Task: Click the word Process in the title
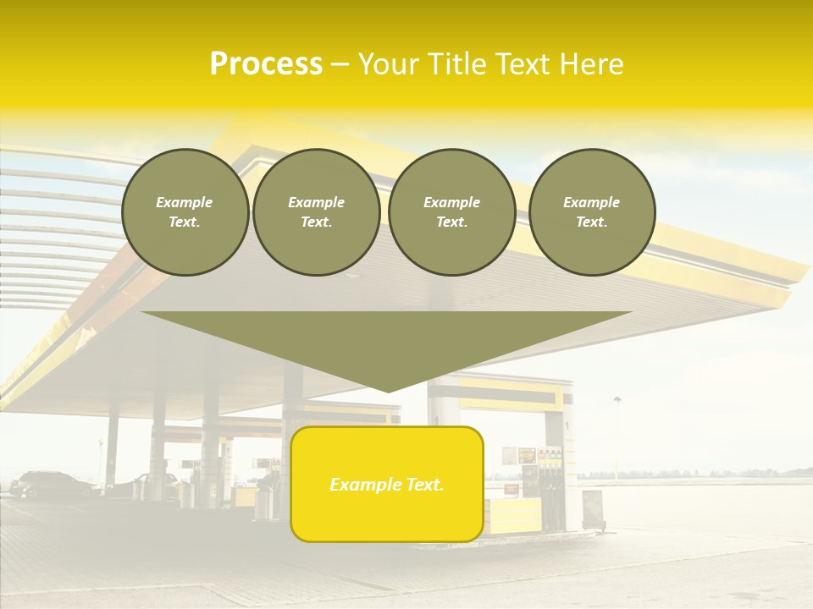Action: coord(266,64)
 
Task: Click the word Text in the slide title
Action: coord(526,64)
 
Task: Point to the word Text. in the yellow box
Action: coord(424,485)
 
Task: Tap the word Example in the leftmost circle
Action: coord(185,202)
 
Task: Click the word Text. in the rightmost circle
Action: coord(592,222)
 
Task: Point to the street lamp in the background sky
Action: coord(617,401)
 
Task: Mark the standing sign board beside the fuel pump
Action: coord(593,509)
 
